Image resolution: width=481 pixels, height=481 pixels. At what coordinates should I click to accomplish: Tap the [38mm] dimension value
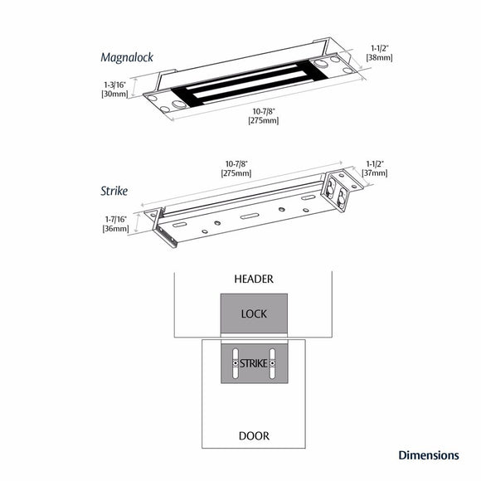point(379,57)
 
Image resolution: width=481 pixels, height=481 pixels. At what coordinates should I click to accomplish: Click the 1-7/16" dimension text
point(114,218)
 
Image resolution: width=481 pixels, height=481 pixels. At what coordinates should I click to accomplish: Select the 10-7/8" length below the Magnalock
point(263,110)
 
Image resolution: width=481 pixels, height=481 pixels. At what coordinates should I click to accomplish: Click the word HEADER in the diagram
point(253,279)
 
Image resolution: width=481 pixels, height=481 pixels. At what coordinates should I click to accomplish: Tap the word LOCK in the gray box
point(253,314)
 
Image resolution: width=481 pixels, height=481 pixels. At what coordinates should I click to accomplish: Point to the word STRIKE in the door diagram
point(253,363)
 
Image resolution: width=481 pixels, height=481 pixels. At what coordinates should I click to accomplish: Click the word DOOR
point(253,435)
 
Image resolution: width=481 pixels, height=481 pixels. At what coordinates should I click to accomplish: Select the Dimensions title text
point(428,455)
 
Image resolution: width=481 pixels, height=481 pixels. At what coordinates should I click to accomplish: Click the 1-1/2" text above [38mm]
point(379,47)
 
